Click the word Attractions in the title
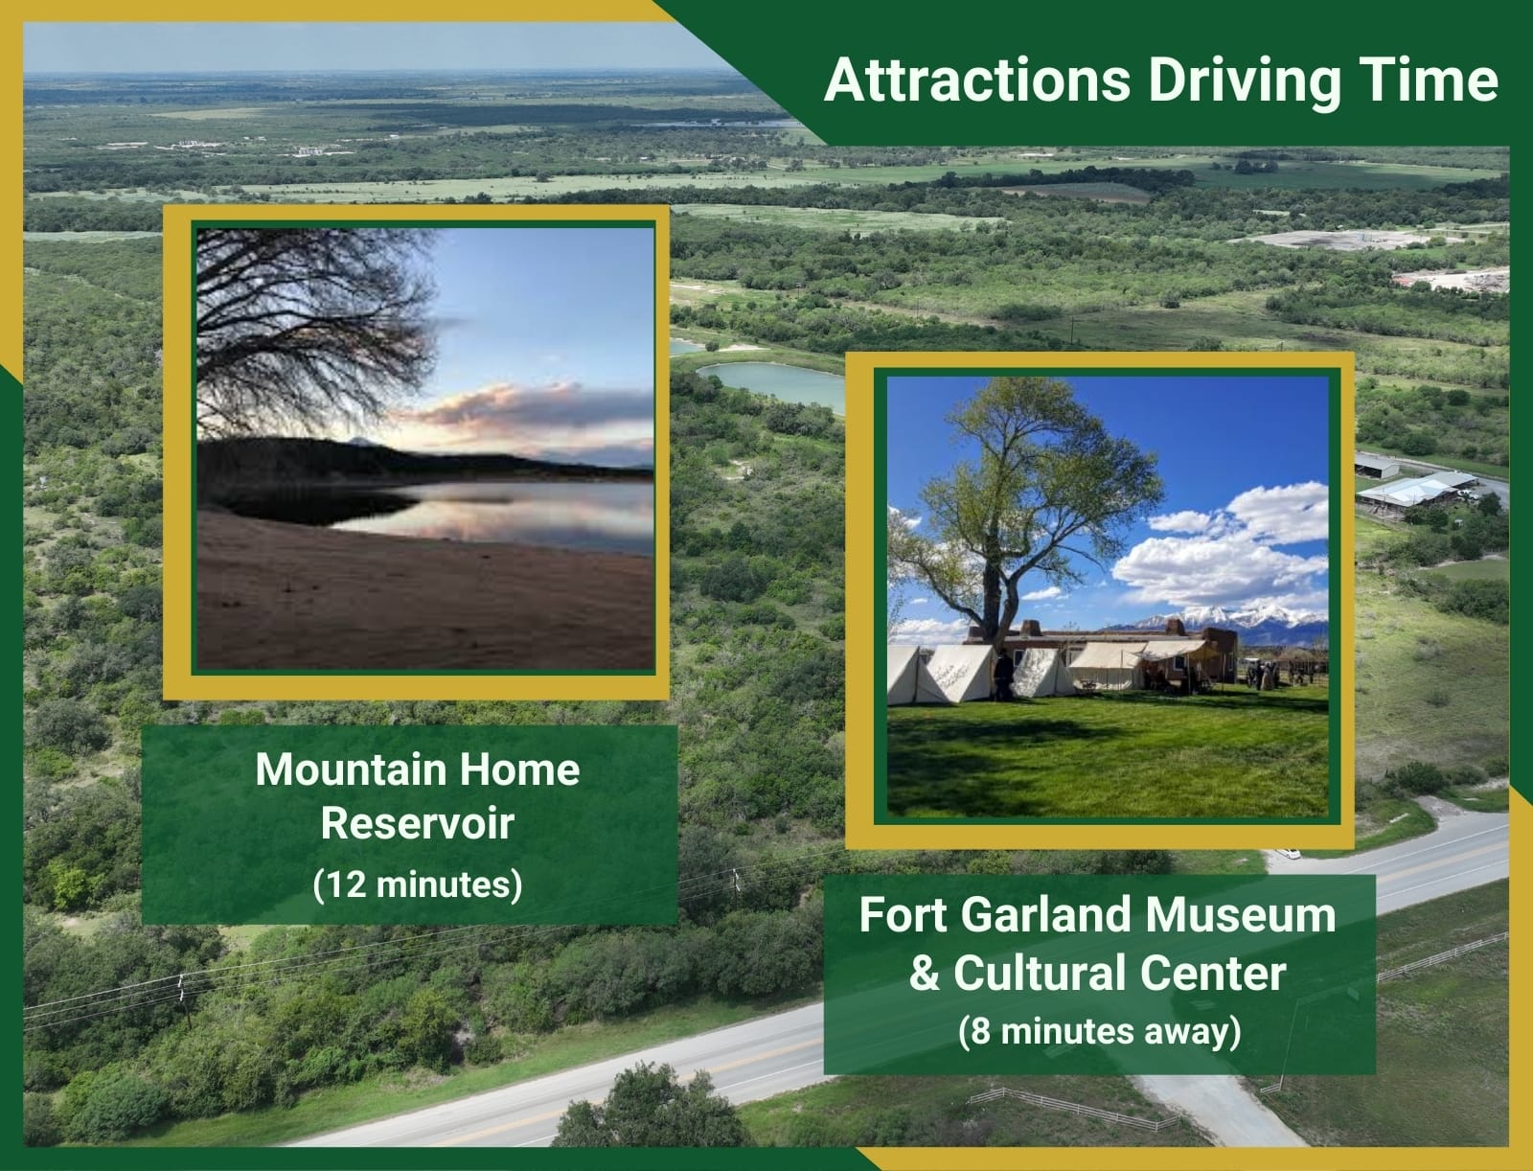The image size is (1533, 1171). (977, 80)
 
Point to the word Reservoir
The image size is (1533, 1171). (418, 823)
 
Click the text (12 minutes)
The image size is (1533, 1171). (418, 884)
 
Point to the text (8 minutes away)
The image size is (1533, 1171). (1100, 1031)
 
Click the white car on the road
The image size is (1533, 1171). (1288, 853)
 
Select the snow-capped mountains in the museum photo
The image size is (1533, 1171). (1229, 622)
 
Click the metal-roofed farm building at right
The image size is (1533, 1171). (1414, 489)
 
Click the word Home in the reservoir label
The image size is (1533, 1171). (519, 769)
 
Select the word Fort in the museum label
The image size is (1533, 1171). (901, 915)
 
